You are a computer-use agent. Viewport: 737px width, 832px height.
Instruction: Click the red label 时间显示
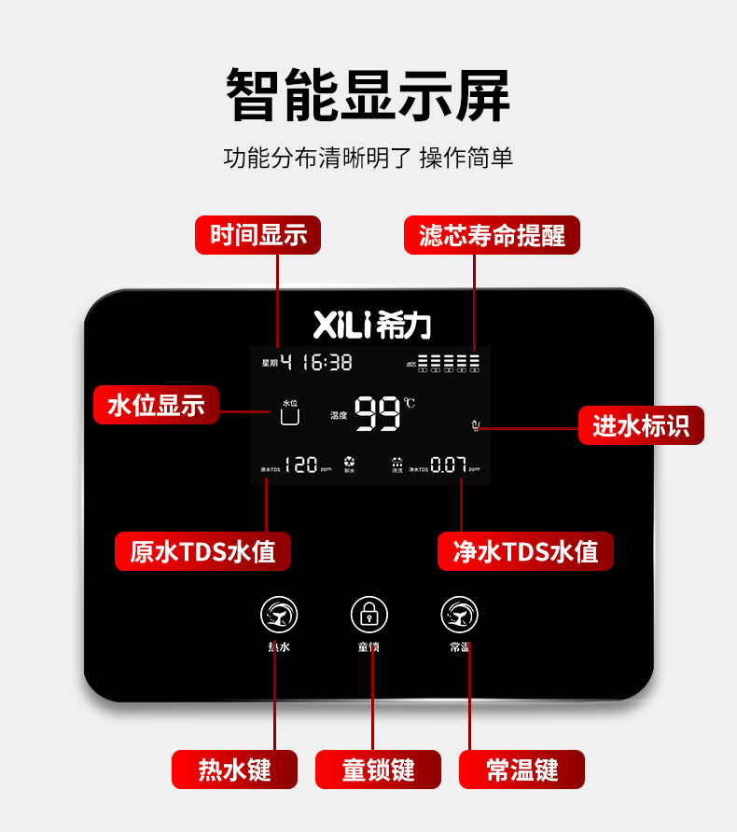257,235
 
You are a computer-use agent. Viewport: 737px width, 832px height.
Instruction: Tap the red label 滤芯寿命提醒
492,235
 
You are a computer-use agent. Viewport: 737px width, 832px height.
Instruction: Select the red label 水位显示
156,405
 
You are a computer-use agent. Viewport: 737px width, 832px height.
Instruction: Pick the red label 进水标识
641,425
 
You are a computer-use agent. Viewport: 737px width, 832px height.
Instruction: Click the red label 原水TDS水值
202,551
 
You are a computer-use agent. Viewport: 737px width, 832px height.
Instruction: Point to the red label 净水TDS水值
526,551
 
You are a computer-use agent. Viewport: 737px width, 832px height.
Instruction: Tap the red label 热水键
234,770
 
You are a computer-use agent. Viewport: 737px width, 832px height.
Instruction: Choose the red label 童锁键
378,770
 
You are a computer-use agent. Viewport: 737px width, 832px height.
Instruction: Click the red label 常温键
521,770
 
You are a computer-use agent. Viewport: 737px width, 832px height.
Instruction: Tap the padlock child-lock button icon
369,614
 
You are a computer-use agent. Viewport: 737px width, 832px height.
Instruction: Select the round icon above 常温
460,614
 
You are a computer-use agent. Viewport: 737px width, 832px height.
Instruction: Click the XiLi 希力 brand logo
371,325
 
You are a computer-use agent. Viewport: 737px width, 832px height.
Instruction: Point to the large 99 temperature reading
378,414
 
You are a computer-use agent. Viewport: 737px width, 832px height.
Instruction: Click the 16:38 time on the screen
327,362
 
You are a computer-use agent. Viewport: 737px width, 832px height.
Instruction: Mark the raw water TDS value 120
300,465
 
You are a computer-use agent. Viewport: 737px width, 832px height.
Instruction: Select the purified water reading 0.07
448,465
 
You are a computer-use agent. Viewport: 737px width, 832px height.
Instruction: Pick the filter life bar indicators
448,363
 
